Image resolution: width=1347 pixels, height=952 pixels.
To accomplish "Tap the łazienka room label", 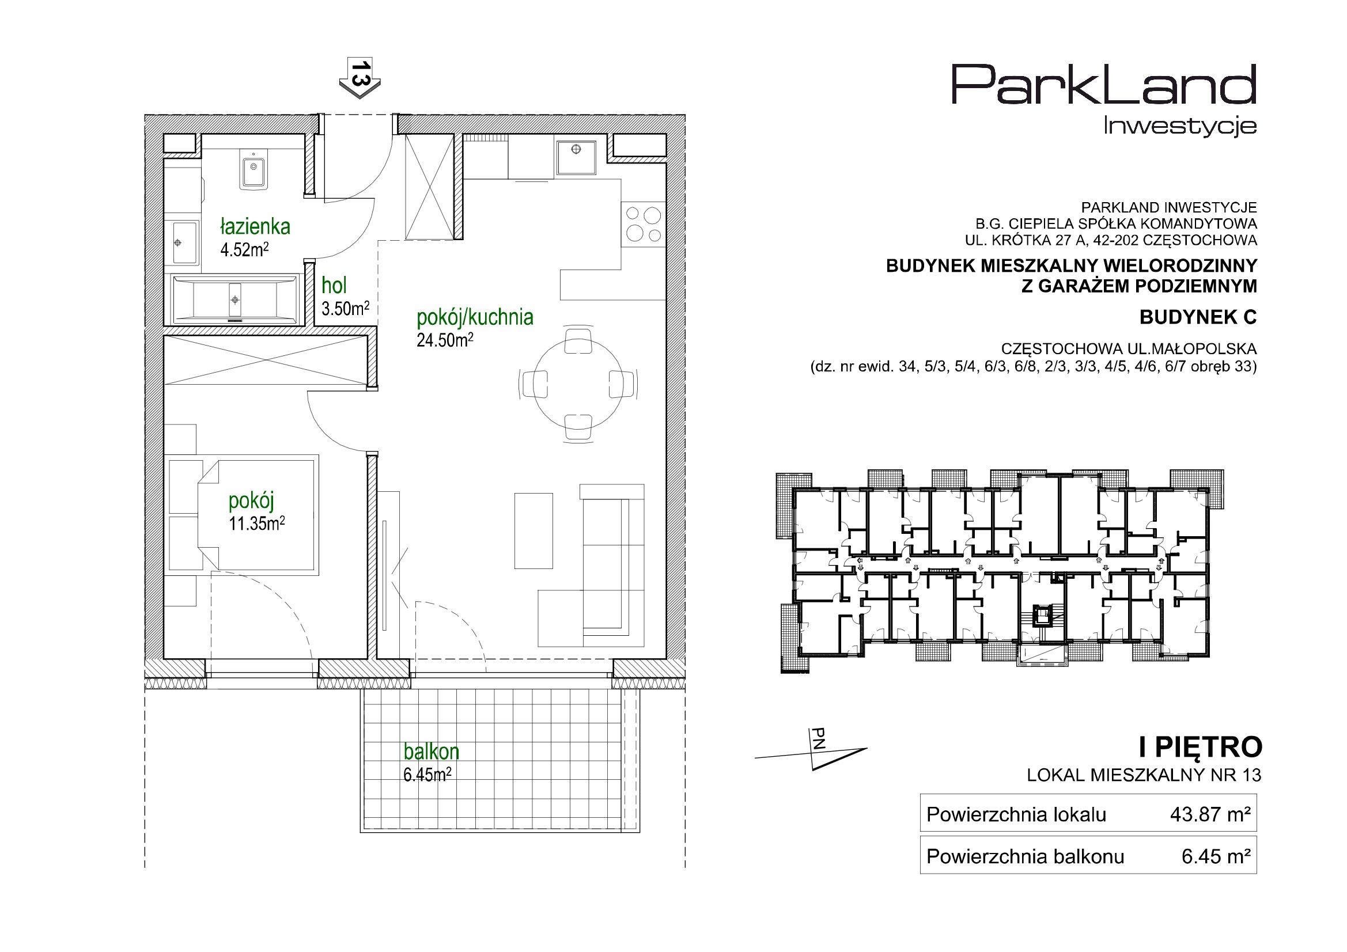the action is [x=255, y=226].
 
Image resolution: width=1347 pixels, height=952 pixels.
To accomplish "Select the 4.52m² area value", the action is [x=244, y=251].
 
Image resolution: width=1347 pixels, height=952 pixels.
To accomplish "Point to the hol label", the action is [x=334, y=286].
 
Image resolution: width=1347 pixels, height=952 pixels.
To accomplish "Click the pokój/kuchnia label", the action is [x=475, y=317].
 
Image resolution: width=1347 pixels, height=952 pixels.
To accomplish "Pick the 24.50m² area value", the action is [x=445, y=340].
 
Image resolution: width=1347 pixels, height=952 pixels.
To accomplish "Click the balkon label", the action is [x=431, y=752].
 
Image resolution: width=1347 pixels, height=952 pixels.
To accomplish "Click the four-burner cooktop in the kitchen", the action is [x=644, y=225].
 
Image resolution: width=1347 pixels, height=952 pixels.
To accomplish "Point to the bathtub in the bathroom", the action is [x=235, y=299].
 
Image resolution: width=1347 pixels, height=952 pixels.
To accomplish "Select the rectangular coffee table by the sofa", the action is [x=533, y=530].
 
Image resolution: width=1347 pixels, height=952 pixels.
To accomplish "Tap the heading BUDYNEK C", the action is [x=1198, y=317].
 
